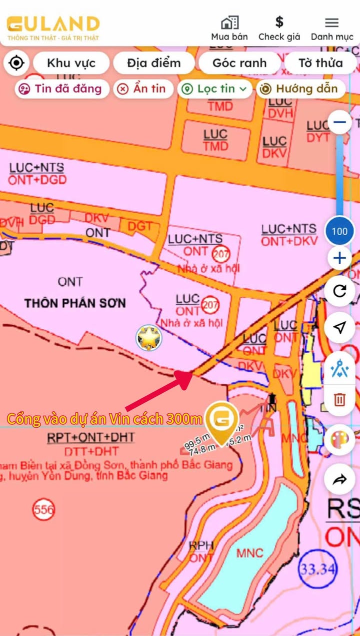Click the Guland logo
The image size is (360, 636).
click(53, 28)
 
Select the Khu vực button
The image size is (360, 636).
click(71, 63)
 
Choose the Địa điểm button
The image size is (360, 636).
click(153, 63)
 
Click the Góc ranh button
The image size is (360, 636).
click(239, 63)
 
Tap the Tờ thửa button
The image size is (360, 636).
click(320, 63)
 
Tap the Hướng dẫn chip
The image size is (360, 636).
click(299, 89)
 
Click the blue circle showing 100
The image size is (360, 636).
click(339, 231)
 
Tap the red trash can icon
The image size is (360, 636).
click(339, 399)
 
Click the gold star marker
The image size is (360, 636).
click(149, 338)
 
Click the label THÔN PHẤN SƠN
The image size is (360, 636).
click(75, 303)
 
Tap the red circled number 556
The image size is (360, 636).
click(43, 510)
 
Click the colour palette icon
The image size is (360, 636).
click(339, 440)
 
